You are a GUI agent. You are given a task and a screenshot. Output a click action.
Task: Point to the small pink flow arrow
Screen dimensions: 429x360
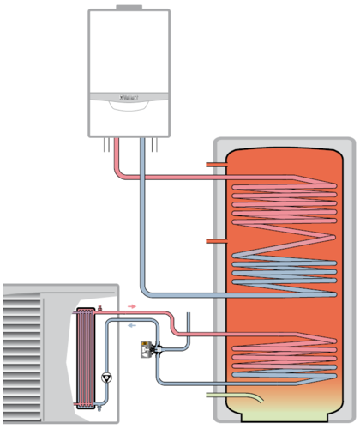(130, 305)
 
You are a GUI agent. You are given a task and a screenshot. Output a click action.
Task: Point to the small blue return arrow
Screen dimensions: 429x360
(130, 325)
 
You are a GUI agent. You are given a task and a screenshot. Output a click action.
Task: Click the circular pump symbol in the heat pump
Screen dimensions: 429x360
(105, 376)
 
